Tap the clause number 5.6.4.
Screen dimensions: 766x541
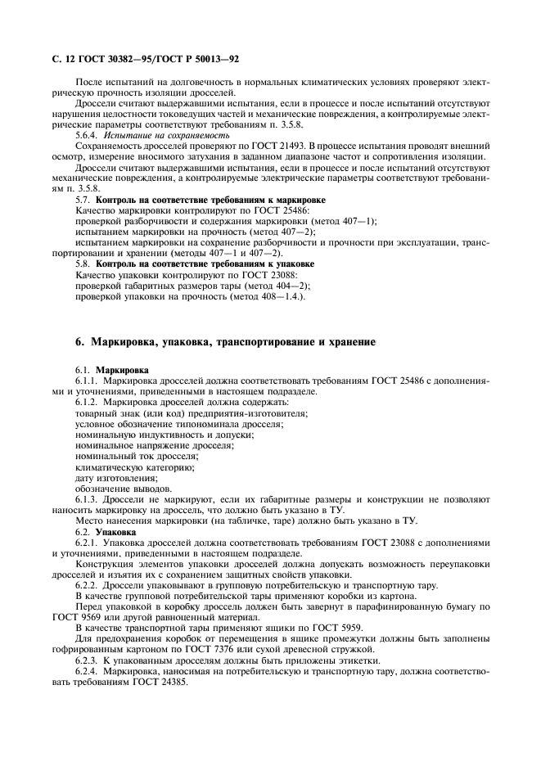coord(88,135)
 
